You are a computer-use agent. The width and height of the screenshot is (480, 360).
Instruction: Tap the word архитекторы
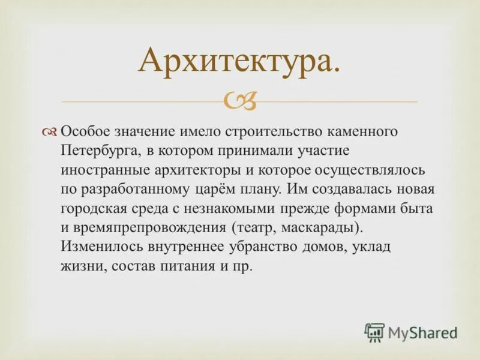pyautogui.click(x=192, y=170)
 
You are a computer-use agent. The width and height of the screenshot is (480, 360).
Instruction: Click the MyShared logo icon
pyautogui.click(x=374, y=332)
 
